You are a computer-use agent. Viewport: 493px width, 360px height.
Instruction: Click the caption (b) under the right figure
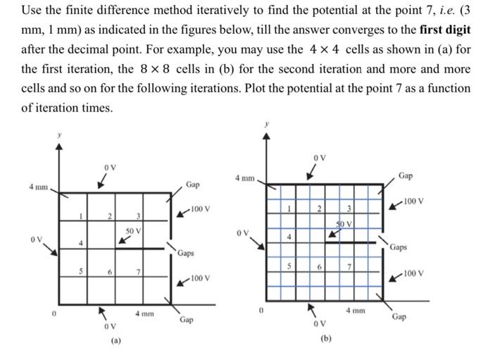pos(326,338)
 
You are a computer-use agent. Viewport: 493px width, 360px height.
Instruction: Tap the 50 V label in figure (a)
pos(134,230)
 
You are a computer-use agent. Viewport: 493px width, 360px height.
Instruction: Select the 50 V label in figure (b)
pos(344,223)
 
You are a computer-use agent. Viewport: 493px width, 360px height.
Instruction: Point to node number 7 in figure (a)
pos(139,272)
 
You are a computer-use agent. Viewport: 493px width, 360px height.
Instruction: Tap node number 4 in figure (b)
pos(289,236)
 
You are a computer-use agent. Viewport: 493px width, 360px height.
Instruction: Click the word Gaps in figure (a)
pos(186,253)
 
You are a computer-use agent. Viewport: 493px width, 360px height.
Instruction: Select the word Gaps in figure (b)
pos(398,247)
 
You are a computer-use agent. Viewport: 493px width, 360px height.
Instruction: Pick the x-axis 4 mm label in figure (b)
pos(356,309)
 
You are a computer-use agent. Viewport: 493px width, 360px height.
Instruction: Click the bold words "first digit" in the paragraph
pos(444,32)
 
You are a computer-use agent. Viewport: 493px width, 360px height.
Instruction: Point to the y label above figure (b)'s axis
pos(266,124)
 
